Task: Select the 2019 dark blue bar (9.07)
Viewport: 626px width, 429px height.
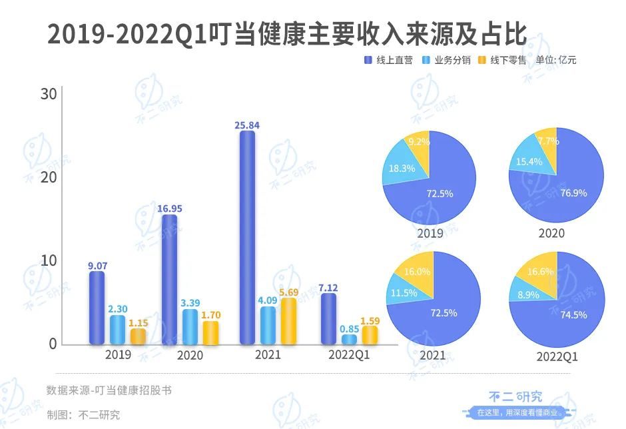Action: pyautogui.click(x=97, y=308)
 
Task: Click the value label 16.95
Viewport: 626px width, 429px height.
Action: pyautogui.click(x=170, y=209)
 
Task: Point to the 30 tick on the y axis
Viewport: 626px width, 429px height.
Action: pyautogui.click(x=48, y=95)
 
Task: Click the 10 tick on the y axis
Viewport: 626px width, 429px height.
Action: pyautogui.click(x=48, y=260)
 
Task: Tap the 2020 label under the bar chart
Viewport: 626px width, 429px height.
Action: pyautogui.click(x=190, y=356)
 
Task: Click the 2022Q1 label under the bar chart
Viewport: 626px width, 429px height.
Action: pyautogui.click(x=348, y=356)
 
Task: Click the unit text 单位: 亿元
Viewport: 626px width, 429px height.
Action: pyautogui.click(x=556, y=60)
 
